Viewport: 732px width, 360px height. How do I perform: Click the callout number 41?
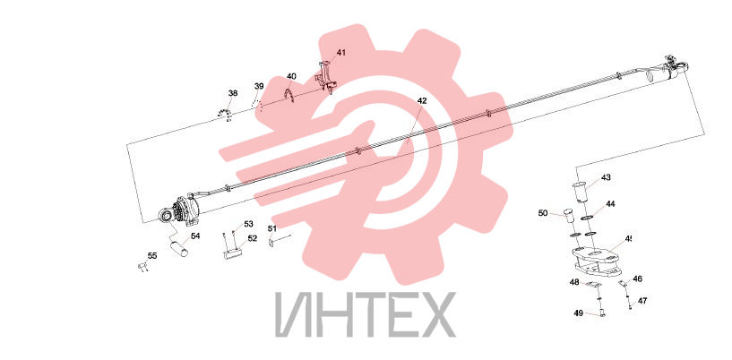pos(341,53)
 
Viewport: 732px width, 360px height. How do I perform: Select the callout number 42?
pos(422,100)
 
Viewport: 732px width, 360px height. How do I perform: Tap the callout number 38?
pos(233,93)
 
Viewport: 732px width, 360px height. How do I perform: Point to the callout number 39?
pos(259,86)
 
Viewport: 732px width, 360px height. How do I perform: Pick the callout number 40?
pos(291,76)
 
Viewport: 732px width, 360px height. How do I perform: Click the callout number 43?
pos(606,177)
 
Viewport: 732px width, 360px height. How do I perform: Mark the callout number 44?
pos(611,204)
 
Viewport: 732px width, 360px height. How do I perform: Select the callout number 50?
pos(543,213)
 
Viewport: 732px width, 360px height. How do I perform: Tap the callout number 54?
pos(195,236)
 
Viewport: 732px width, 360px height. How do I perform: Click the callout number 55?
pos(152,255)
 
